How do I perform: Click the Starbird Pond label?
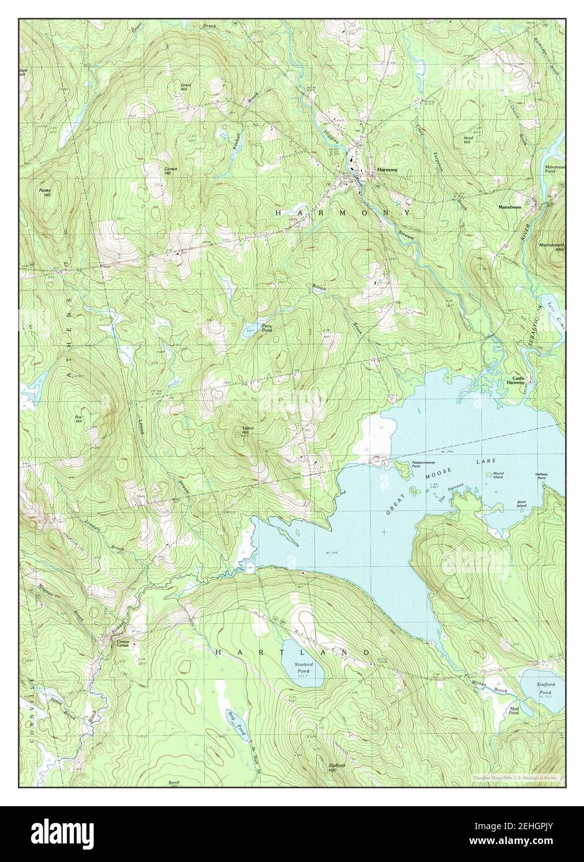pos(303,669)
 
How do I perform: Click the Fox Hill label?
pos(79,419)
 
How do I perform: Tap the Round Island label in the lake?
pos(499,475)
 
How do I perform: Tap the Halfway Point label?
pos(541,476)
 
